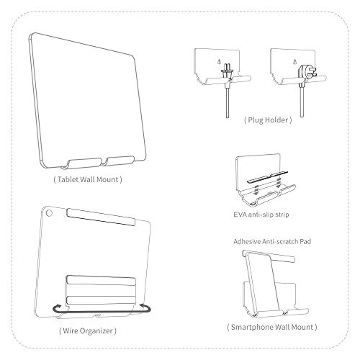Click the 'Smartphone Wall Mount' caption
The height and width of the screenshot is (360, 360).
[271, 328]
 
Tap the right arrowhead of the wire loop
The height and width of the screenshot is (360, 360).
[148, 309]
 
